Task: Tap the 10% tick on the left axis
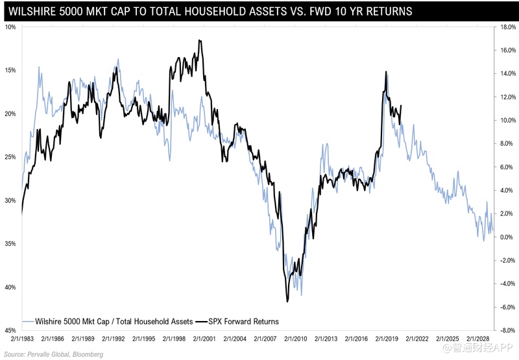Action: pos(10,27)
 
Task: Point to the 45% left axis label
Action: pos(10,331)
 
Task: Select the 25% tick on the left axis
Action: pos(10,157)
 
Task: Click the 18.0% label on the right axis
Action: pos(504,27)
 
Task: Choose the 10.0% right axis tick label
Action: pos(504,121)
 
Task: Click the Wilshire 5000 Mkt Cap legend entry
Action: pos(108,321)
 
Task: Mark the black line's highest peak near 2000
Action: pos(199,40)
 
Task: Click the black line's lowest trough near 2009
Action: pos(287,302)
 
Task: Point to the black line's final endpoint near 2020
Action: pos(402,106)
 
